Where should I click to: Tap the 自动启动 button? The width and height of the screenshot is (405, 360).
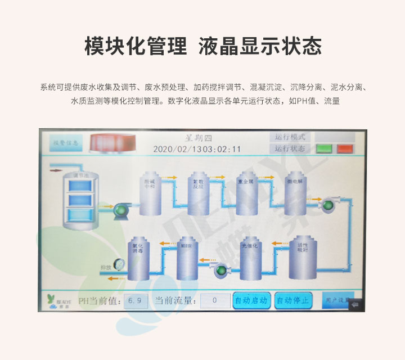pos(251,300)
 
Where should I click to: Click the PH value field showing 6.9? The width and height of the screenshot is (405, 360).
pos(136,300)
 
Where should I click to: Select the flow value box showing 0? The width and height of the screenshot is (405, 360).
pos(215,300)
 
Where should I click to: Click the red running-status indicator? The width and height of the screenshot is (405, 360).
pos(344,149)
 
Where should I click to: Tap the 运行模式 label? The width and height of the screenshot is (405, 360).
pos(290,137)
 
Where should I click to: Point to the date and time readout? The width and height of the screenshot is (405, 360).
pos(197,149)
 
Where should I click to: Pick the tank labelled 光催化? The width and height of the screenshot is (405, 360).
pos(248,259)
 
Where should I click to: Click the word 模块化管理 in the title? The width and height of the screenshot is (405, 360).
pos(136,47)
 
